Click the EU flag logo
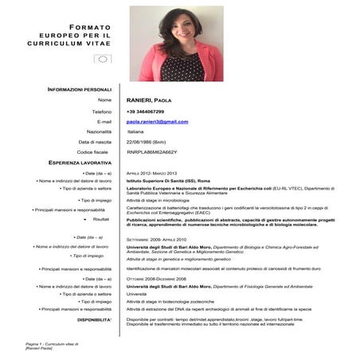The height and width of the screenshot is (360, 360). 102,59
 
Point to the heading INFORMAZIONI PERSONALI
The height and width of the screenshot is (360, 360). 80,89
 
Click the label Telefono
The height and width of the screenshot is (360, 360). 101,112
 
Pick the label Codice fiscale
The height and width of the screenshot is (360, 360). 94,151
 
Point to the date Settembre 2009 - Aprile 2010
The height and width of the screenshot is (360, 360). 156,239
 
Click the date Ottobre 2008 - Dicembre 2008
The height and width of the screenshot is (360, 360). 156,279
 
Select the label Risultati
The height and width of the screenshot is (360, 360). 101,219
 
